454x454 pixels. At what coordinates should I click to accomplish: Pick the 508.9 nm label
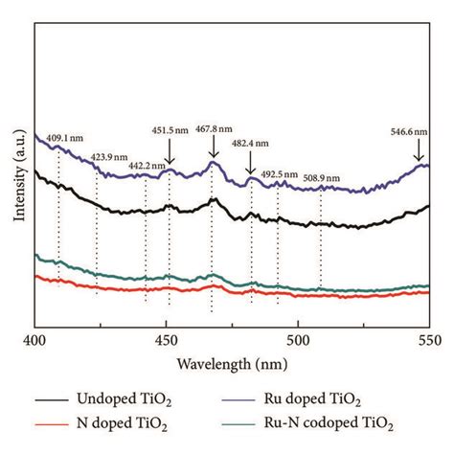point(323,177)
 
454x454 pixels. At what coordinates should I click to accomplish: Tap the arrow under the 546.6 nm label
point(419,151)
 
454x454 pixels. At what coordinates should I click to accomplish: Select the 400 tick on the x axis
point(35,340)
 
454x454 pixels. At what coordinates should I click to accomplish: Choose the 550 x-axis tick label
point(428,340)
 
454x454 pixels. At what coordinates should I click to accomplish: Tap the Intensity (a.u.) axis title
point(18,178)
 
